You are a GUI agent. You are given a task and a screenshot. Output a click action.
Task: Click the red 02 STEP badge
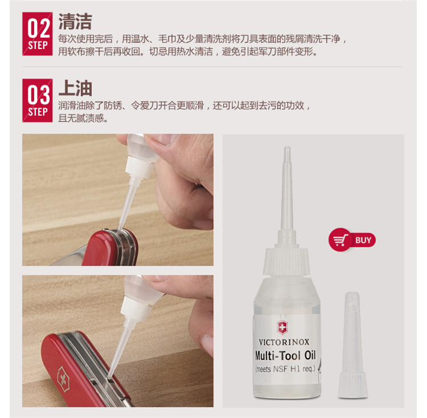38,34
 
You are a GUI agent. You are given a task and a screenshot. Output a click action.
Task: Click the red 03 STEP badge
38,100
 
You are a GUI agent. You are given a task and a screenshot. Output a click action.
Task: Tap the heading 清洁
75,21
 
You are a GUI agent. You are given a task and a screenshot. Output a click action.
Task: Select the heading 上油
75,88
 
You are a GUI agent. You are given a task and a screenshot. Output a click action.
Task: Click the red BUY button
352,240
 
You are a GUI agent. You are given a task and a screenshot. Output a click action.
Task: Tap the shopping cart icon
340,240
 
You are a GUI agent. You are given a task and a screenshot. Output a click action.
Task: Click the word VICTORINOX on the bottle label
284,342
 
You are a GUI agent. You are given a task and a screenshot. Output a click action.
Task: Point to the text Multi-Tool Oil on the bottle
285,355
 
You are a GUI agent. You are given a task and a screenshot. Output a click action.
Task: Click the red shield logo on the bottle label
282,328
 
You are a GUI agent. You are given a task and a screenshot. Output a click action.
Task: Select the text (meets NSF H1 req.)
285,369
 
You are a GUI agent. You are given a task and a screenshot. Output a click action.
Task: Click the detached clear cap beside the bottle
352,345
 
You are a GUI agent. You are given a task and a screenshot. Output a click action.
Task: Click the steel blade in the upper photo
68,257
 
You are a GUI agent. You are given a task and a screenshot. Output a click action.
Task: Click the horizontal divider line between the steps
212,67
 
